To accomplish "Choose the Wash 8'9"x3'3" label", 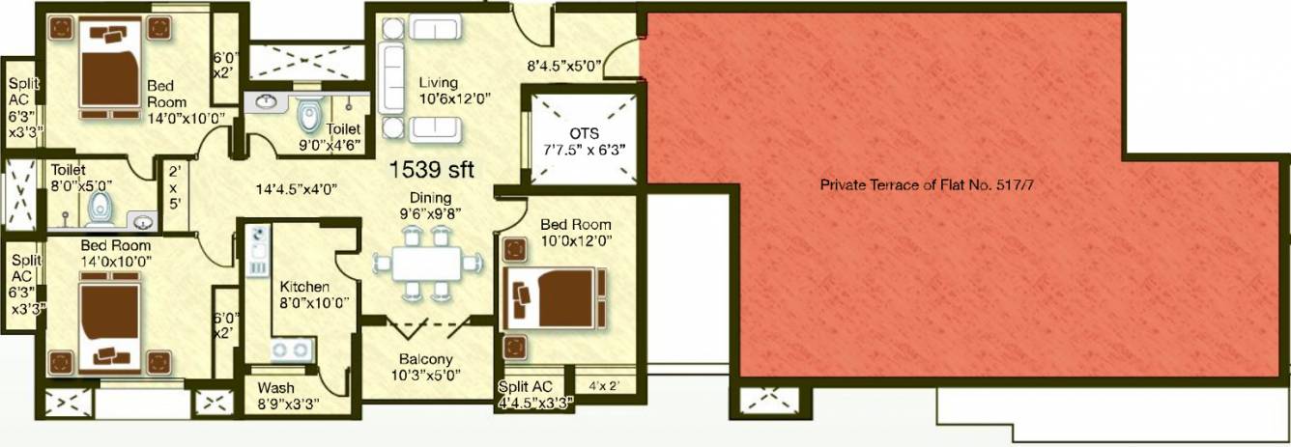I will [x=288, y=395].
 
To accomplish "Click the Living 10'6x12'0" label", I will [x=445, y=90].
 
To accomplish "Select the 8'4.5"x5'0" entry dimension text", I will [x=564, y=68].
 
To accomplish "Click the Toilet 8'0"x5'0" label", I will [x=82, y=177].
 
